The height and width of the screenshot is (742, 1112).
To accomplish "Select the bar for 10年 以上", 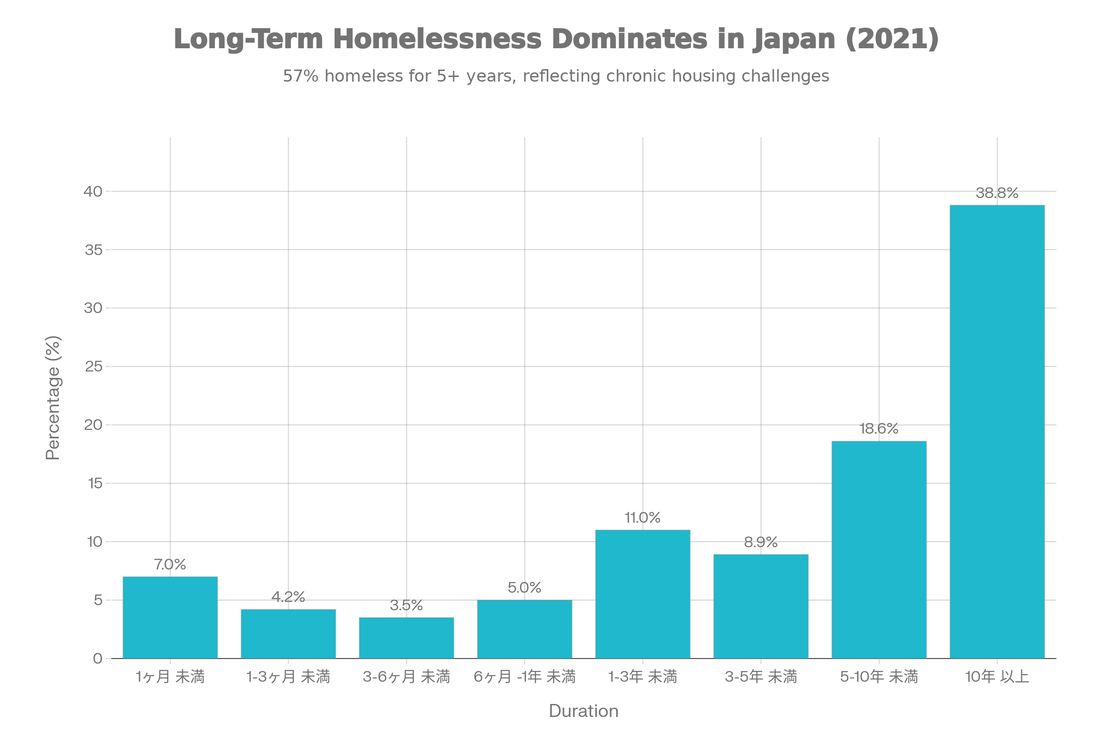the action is (997, 432).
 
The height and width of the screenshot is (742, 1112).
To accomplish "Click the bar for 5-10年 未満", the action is (879, 550).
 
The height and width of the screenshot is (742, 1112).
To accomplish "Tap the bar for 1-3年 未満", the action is (643, 594).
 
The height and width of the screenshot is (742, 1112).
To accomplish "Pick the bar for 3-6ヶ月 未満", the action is (407, 638).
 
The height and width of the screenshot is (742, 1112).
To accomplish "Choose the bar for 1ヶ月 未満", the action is (170, 618).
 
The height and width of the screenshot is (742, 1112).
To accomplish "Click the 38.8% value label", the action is (997, 193).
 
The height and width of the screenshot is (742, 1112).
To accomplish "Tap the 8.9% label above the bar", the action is (761, 542).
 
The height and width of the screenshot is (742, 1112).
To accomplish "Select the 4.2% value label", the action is (288, 597).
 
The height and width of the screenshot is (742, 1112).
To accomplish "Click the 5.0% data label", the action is (524, 588).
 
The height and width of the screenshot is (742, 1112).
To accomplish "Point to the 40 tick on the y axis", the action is (93, 191).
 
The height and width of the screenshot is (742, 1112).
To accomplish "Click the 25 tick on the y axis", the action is (94, 366).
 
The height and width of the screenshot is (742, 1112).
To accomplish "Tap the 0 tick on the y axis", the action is (98, 658).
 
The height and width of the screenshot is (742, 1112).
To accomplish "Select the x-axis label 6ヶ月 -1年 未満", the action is (524, 677).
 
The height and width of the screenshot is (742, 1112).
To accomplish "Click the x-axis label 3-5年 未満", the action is (761, 677).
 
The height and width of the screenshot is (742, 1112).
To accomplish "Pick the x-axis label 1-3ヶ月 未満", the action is (288, 677).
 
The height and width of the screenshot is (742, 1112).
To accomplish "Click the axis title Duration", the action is (583, 711).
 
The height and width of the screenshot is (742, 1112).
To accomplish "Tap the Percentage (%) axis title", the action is (53, 397).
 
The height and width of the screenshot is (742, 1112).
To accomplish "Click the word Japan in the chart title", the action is (794, 40).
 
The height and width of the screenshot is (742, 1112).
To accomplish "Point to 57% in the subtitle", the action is (301, 76).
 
